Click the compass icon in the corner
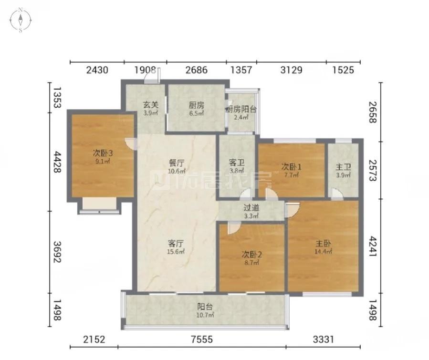pos(21,20)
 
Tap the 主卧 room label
pos(323,243)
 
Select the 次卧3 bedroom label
pos(103,153)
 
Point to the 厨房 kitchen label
pos(197,105)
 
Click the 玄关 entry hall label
pos(151,104)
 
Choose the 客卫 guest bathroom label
pos(237,163)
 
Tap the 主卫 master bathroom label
pos(343,167)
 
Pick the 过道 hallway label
pos(251,208)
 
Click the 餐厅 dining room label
pos(177,163)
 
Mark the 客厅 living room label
pos(176,243)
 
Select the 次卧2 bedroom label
pos(251,255)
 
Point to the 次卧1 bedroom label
pos(292,166)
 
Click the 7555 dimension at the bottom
pos(202,339)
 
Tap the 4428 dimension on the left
pos(57,162)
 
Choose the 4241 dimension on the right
pos(373,247)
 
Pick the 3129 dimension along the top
pos(292,70)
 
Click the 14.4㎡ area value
pos(323,251)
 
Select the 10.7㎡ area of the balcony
pos(205,315)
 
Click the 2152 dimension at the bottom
pos(94,339)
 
